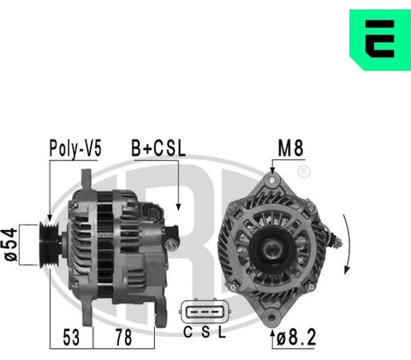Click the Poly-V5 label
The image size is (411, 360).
pyautogui.click(x=75, y=148)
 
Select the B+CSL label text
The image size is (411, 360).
pyautogui.click(x=158, y=148)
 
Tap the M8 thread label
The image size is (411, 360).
pyautogui.click(x=290, y=148)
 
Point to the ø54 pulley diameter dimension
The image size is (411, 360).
pyautogui.click(x=11, y=244)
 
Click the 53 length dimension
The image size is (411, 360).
pyautogui.click(x=71, y=338)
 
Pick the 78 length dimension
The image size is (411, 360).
pyautogui.click(x=123, y=338)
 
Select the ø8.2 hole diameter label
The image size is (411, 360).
pyautogui.click(x=296, y=338)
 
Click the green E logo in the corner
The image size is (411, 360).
pyautogui.click(x=380, y=39)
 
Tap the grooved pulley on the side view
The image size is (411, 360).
pyautogui.click(x=49, y=245)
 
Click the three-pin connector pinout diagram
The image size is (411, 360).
pyautogui.click(x=205, y=311)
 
